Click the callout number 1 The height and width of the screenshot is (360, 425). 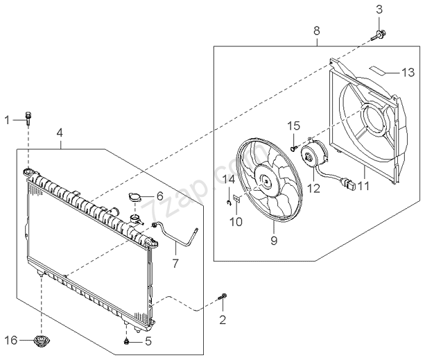pyautogui.click(x=8, y=120)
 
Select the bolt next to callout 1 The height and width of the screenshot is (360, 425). pyautogui.click(x=28, y=118)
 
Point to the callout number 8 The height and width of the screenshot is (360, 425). pyautogui.click(x=317, y=31)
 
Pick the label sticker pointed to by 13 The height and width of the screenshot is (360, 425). pyautogui.click(x=379, y=69)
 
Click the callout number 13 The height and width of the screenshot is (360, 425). pyautogui.click(x=408, y=71)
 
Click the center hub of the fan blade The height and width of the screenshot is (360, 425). pyautogui.click(x=265, y=182)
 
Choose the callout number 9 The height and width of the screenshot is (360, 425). pyautogui.click(x=273, y=240)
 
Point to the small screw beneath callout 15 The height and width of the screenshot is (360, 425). pyautogui.click(x=294, y=147)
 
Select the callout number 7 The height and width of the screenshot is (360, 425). pyautogui.click(x=175, y=264)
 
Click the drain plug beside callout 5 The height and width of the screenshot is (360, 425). pyautogui.click(x=126, y=341)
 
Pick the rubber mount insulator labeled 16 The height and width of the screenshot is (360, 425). pyautogui.click(x=42, y=341)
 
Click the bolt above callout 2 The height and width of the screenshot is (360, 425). pyautogui.click(x=223, y=298)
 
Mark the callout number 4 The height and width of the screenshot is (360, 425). pyautogui.click(x=60, y=132)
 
